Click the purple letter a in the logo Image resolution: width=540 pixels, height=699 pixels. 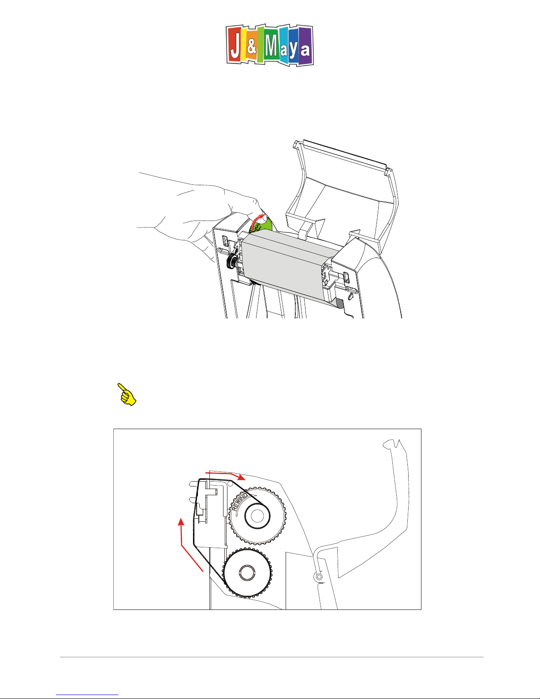(305, 50)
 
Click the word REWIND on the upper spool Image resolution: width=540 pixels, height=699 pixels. (239, 501)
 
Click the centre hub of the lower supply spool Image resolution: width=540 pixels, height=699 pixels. (247, 573)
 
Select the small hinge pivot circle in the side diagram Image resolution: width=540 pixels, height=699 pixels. (319, 577)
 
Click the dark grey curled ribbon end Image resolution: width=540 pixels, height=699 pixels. (339, 303)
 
